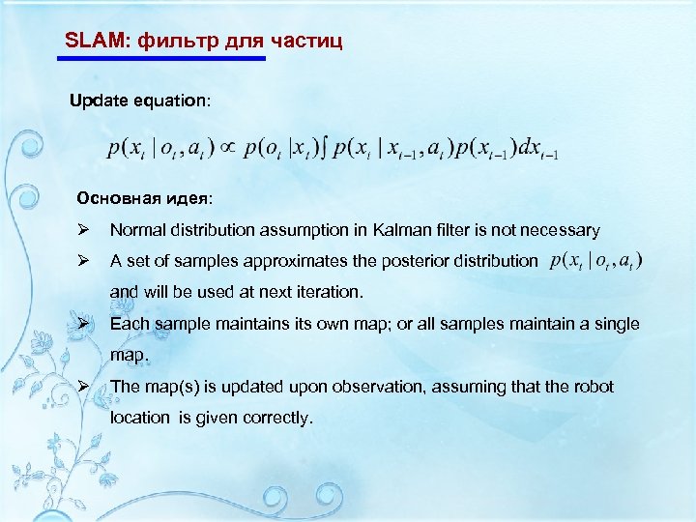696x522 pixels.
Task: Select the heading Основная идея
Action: [142, 198]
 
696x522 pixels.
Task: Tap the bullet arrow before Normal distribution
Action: [84, 230]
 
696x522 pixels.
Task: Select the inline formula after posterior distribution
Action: [595, 260]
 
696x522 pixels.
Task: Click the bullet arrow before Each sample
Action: [84, 324]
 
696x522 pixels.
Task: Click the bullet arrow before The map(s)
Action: [84, 387]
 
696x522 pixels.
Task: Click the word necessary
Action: [560, 230]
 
